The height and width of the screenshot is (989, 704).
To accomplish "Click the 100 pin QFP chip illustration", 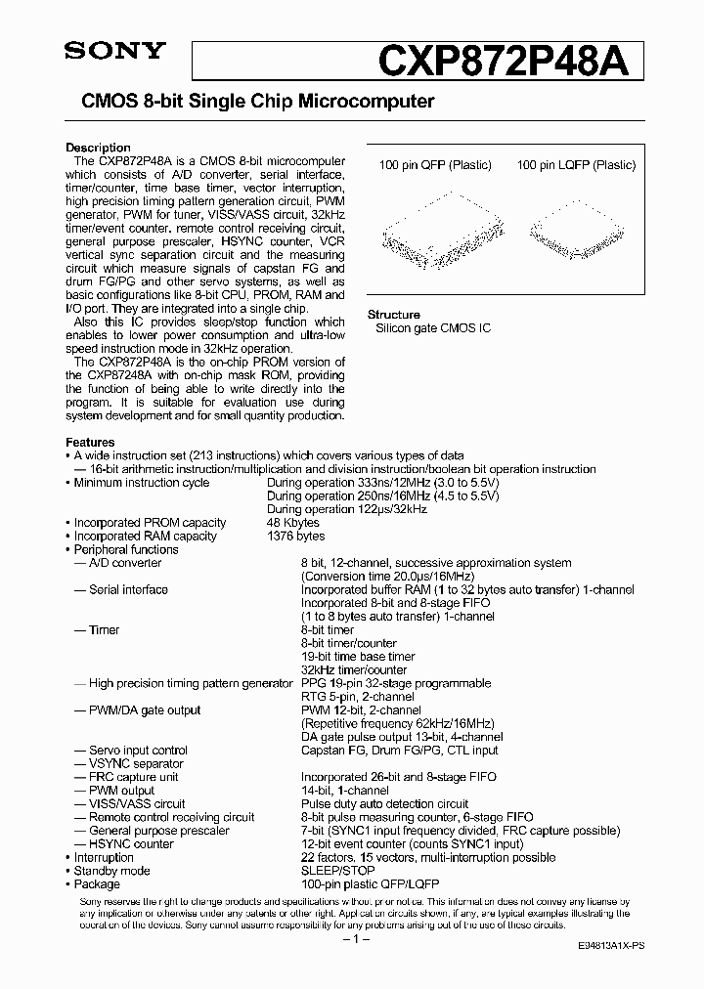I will (x=434, y=228).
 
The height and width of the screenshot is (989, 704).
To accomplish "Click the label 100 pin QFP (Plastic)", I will (x=435, y=165).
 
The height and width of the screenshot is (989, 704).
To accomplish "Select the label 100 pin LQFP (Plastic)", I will (x=576, y=165).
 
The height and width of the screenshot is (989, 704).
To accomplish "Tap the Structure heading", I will (x=393, y=315).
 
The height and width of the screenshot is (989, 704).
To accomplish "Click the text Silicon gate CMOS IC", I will (x=433, y=328).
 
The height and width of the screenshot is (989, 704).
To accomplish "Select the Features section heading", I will (x=89, y=443).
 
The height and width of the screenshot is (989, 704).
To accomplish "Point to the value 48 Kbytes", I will (x=293, y=523).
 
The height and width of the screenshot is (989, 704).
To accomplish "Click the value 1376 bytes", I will (x=296, y=537).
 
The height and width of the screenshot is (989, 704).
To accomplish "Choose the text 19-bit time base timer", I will (x=358, y=657).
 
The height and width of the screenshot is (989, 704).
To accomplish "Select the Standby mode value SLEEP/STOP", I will (x=338, y=871).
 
